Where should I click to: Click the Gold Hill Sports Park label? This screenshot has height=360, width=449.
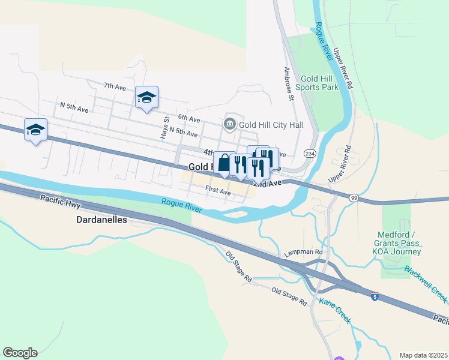(x=319, y=83)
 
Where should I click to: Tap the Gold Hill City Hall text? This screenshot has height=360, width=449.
(x=271, y=125)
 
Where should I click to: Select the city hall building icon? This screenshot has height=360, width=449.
(x=229, y=124)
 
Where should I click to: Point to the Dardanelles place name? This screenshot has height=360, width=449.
(x=101, y=220)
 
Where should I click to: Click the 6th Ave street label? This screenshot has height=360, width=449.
(x=188, y=119)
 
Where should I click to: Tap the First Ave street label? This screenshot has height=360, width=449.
(x=218, y=191)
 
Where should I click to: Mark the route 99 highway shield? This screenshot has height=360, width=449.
(x=354, y=197)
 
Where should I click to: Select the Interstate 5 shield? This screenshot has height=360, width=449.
(x=375, y=296)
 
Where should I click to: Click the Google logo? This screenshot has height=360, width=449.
(x=20, y=352)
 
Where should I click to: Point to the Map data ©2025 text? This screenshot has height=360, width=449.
(x=423, y=355)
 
